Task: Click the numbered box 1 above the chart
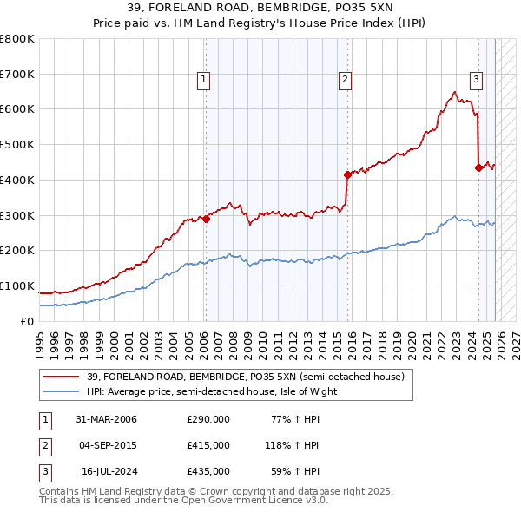click(203, 80)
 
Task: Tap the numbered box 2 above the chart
click(345, 80)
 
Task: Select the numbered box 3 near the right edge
click(477, 80)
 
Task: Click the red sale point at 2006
click(206, 219)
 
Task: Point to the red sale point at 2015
click(347, 174)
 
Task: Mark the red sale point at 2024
click(478, 167)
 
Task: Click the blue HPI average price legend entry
click(211, 391)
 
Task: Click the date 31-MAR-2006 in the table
click(106, 419)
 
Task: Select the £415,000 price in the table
click(208, 445)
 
